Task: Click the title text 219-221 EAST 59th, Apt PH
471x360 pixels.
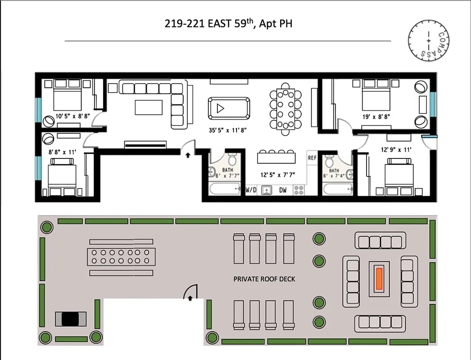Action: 228,23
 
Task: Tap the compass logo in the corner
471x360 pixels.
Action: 428,40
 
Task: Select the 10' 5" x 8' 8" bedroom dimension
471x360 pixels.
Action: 73,116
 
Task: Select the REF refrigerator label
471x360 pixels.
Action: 312,158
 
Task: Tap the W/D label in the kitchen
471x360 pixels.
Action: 250,190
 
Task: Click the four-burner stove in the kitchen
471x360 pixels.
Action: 299,190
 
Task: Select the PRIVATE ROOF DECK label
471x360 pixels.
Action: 264,279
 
